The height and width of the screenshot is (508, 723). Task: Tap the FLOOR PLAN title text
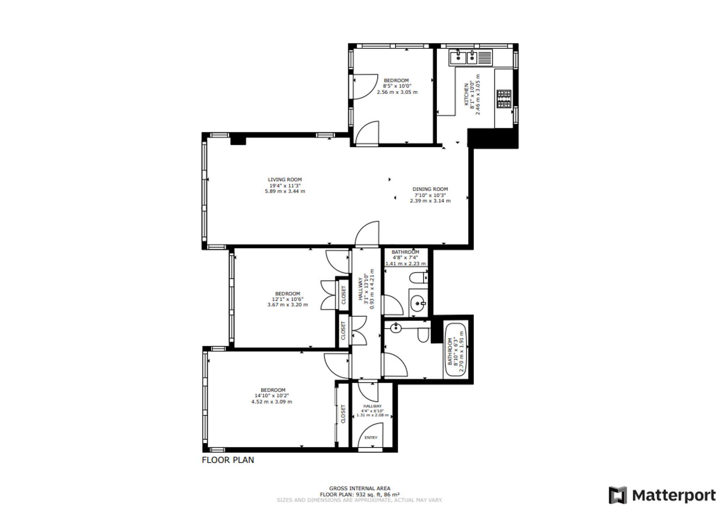point(228,460)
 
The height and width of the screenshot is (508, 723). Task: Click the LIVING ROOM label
point(285,180)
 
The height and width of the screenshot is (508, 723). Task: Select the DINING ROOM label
point(430,189)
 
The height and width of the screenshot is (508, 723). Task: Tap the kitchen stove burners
point(504,99)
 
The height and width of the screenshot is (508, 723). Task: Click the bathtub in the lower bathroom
point(455,350)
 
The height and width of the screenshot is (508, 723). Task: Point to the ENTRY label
point(371,437)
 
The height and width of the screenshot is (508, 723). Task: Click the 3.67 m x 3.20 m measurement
point(287,305)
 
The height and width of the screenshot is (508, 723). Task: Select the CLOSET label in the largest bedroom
point(343,414)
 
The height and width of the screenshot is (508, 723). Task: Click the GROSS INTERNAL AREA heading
point(360,488)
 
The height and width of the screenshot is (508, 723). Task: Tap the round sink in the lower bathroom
point(395,328)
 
